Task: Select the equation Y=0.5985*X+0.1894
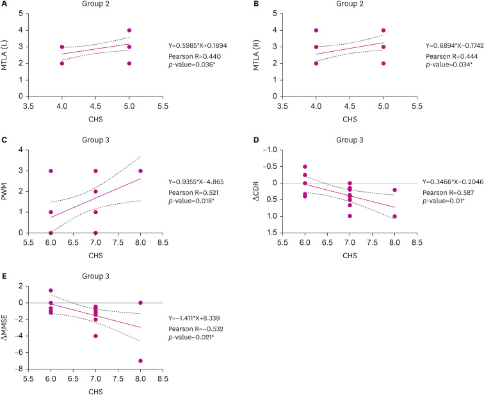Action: pos(198,45)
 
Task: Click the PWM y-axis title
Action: pos(7,191)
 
